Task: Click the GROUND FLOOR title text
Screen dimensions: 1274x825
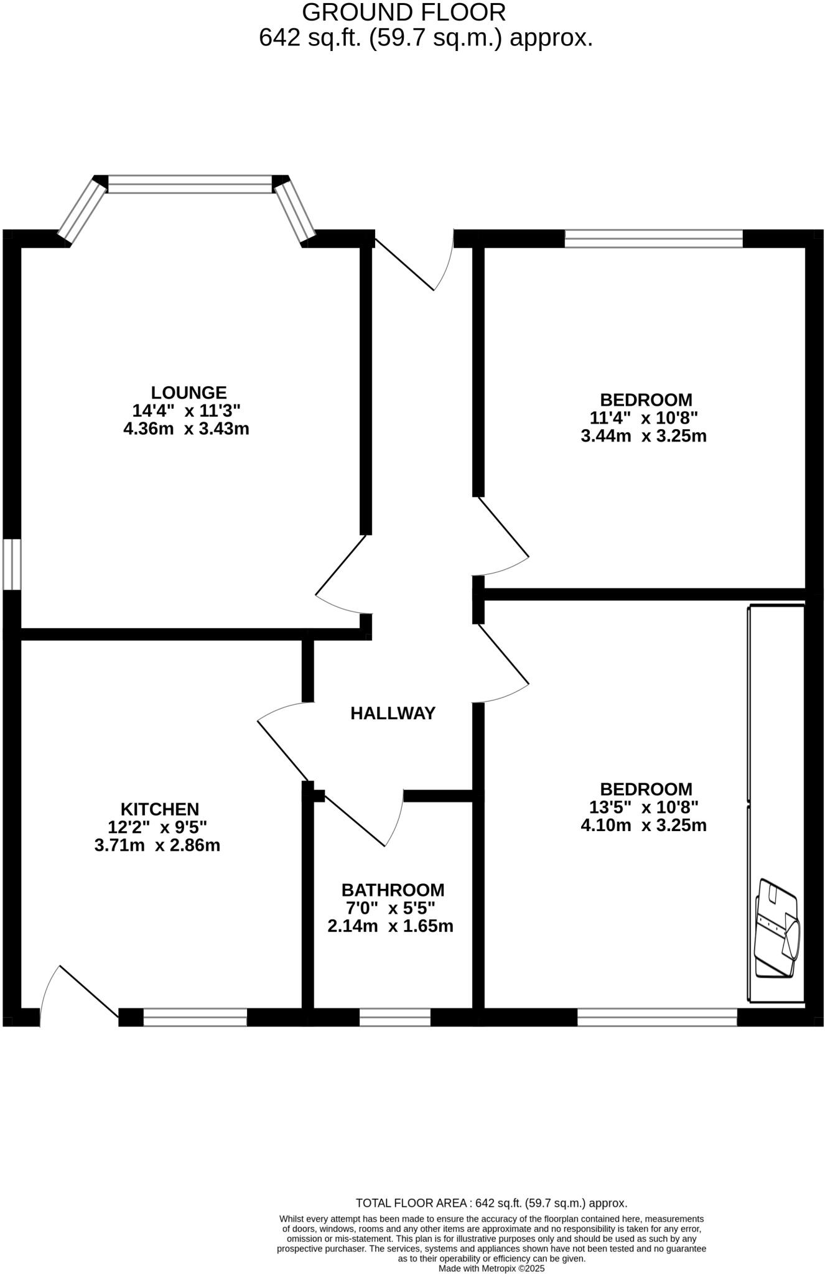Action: click(x=404, y=12)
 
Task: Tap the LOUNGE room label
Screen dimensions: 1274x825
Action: click(x=189, y=393)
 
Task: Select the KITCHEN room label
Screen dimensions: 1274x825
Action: click(x=160, y=809)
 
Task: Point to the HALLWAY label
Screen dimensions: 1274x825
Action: click(x=393, y=714)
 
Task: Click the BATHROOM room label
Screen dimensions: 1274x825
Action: click(x=393, y=890)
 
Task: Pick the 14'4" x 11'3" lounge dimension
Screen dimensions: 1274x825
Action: click(x=186, y=411)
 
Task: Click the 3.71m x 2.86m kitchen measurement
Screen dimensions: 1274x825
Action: click(x=157, y=845)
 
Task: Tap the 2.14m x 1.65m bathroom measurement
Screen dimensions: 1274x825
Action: click(x=390, y=926)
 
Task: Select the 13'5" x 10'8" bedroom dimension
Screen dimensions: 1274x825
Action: click(x=644, y=807)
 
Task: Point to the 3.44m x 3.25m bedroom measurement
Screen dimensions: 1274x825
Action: click(x=643, y=435)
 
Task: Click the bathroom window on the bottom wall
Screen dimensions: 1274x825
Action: click(x=395, y=1017)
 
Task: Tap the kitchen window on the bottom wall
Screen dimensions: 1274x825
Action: click(x=195, y=1017)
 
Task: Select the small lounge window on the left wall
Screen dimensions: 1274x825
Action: click(x=12, y=564)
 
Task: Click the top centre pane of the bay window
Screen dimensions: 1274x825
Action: click(x=190, y=184)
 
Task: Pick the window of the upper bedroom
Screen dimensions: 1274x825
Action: click(x=653, y=239)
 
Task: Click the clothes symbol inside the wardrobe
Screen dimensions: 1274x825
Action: click(x=776, y=928)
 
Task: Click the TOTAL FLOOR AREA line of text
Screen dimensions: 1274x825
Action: click(x=491, y=1203)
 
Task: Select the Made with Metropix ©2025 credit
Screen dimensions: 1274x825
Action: click(x=491, y=1268)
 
